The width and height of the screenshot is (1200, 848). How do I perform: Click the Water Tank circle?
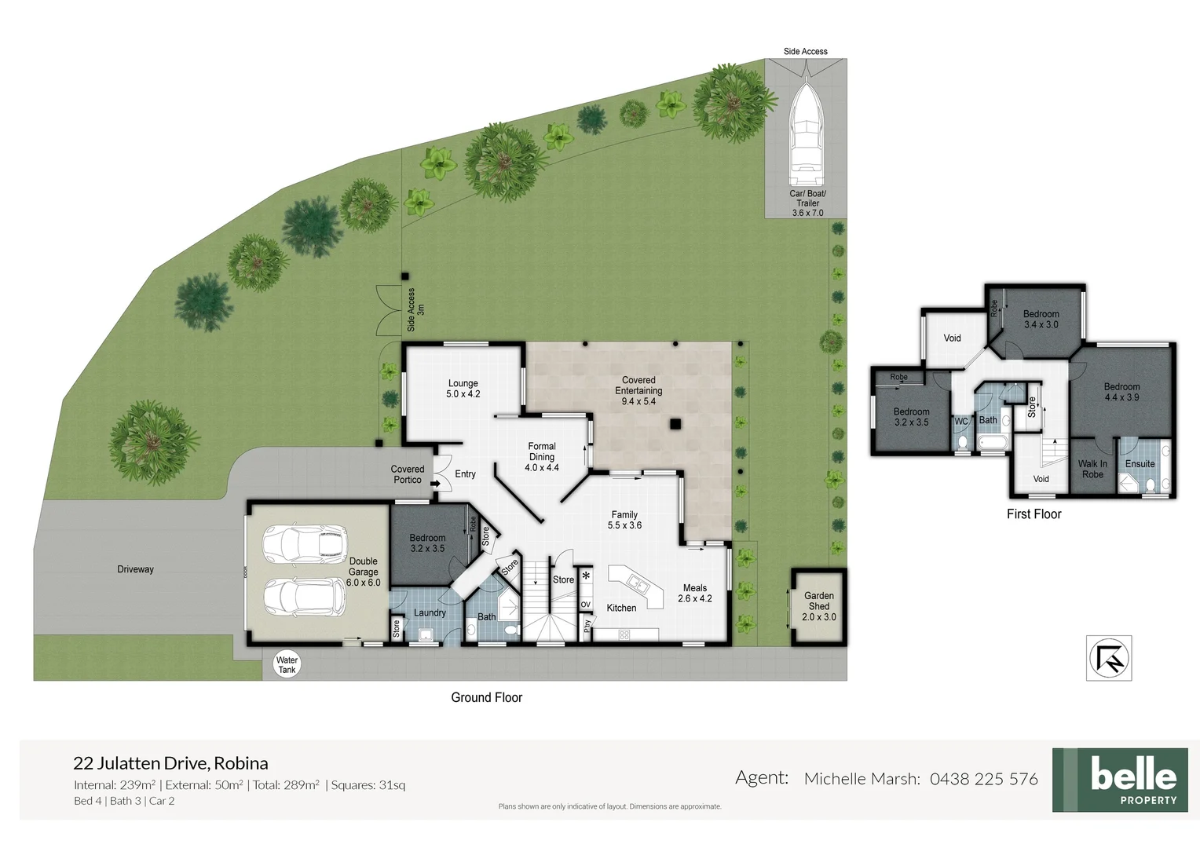click(287, 665)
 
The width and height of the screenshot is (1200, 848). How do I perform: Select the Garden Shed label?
click(818, 606)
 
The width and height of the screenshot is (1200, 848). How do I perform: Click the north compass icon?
click(1108, 657)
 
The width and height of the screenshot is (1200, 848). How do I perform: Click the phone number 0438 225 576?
click(983, 779)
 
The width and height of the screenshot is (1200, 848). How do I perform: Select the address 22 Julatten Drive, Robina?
click(170, 762)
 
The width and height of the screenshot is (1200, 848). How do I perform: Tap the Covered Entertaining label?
click(638, 390)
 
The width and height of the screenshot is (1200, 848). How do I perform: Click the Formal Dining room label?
click(541, 456)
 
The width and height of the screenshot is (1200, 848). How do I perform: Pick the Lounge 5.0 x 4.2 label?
click(463, 389)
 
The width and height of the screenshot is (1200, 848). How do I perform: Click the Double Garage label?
click(363, 572)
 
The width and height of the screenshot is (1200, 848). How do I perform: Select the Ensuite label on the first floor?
click(1140, 464)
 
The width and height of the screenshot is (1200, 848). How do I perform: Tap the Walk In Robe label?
click(1092, 469)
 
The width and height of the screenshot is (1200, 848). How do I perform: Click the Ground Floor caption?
click(486, 697)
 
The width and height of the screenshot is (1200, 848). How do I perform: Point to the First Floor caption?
click(1034, 514)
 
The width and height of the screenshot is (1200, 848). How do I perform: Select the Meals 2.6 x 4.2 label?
click(694, 593)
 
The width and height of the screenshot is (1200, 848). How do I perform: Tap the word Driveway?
click(135, 569)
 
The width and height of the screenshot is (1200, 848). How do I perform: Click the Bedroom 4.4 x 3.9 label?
click(1121, 392)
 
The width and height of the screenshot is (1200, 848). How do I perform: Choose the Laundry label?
click(430, 612)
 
